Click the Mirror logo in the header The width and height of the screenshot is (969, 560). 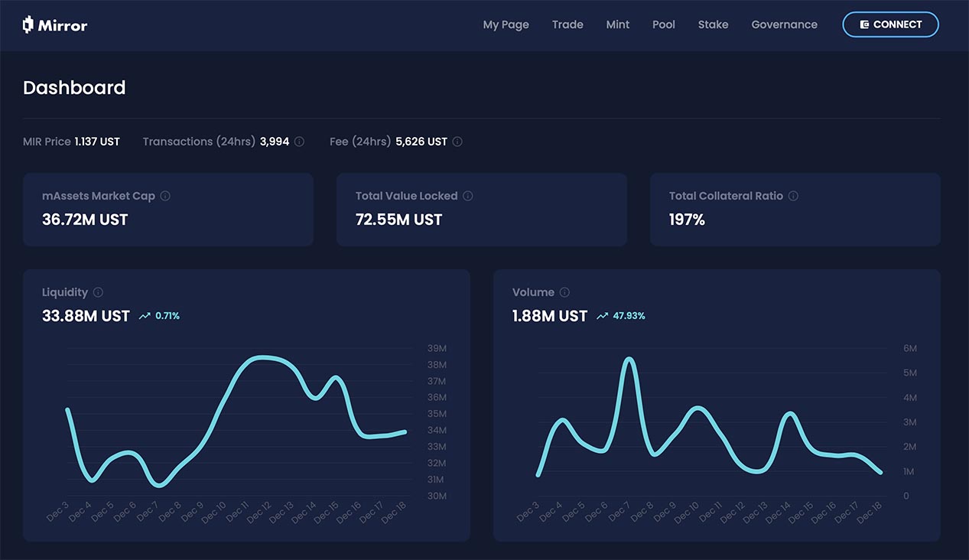coord(55,25)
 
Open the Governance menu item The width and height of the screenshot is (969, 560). coord(784,24)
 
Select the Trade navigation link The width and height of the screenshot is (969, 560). coord(567,24)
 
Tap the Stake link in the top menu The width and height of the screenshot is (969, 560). coord(713,24)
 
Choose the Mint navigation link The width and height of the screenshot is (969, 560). coord(618,24)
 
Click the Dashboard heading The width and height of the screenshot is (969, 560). coord(74,88)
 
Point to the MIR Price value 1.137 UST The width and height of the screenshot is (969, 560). coord(97,142)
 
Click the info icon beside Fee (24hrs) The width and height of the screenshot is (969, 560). coord(457,142)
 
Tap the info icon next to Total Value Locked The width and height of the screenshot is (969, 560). coord(468,196)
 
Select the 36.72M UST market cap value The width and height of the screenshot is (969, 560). coord(85,220)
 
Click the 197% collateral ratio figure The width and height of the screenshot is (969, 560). coord(687,220)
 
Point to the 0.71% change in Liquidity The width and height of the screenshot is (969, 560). coord(167,316)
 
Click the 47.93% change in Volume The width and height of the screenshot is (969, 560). coord(629,316)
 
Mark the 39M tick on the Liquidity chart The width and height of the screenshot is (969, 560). coord(437,349)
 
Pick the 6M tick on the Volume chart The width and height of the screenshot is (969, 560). coord(910,349)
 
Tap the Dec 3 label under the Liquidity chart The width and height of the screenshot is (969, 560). coord(58,511)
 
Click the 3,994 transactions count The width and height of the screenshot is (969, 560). coord(275,142)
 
